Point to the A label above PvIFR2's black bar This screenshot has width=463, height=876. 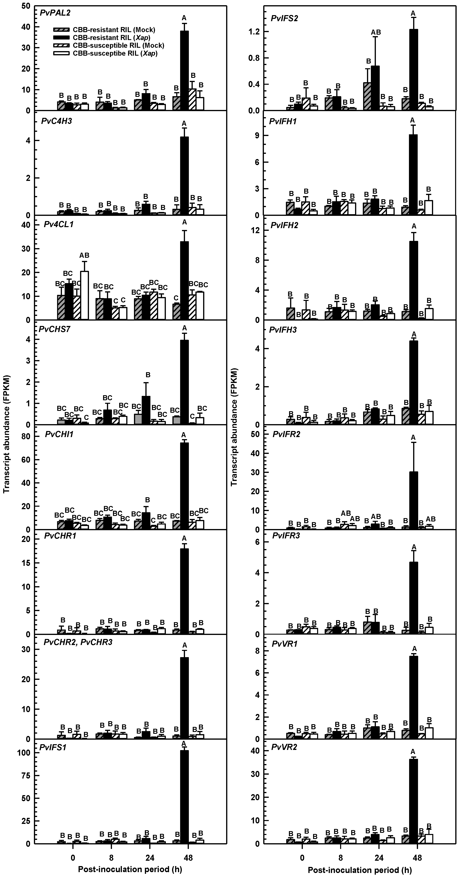pos(413,437)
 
